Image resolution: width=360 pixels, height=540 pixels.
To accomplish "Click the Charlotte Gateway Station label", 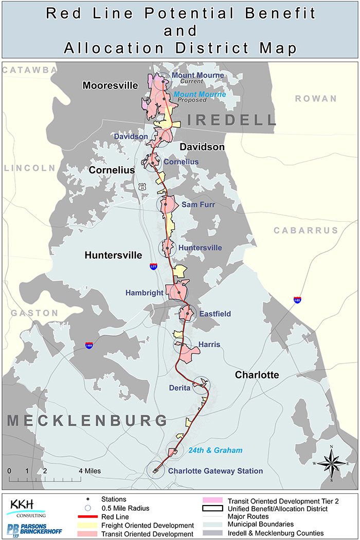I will coord(215,471).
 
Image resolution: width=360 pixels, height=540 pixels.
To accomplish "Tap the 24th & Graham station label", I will coord(215,450).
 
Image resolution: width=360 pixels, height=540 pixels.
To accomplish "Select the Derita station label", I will coord(179,388).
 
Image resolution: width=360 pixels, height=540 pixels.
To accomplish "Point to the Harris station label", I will coord(209,345).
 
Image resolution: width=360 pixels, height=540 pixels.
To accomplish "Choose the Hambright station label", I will coord(144,293).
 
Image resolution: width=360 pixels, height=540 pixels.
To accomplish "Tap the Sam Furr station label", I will coord(198,204).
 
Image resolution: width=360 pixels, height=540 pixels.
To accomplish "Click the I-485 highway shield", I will coord(90,346).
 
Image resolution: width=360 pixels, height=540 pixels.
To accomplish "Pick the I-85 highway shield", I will coord(297,299).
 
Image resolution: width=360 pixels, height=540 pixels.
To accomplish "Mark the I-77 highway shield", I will coord(153,266).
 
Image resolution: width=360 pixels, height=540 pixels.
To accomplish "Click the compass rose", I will coord(332,463).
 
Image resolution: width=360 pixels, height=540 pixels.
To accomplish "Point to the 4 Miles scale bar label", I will coord(89,471).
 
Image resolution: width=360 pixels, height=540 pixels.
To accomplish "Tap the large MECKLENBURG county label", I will coord(87,421).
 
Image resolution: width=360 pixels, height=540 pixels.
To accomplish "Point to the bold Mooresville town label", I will coord(110,85).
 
